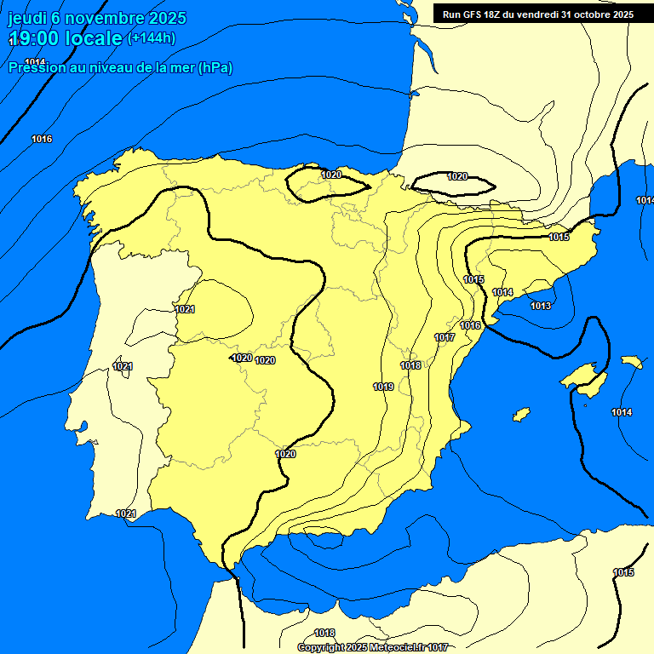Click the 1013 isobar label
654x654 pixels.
541,306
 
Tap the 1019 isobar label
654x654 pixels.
383,387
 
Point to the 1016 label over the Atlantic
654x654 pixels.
42,139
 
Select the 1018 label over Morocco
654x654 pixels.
324,633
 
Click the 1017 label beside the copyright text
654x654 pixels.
438,648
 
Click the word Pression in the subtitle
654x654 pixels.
35,67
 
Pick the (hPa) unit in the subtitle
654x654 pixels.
215,67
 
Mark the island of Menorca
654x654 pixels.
632,362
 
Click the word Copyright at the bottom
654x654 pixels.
321,648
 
